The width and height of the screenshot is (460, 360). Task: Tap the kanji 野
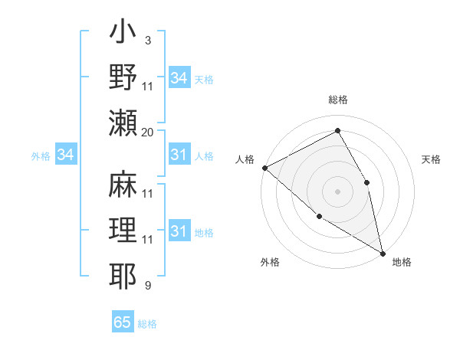123,77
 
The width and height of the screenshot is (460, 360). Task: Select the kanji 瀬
123,123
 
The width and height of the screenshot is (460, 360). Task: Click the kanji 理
123,231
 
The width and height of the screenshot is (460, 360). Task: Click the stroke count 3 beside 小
147,40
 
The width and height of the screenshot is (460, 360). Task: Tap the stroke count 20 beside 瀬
148,132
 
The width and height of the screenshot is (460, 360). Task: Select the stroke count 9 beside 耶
147,286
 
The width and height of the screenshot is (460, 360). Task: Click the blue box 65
123,322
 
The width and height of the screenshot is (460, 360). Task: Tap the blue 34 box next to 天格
179,78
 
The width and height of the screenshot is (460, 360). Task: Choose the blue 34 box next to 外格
65,155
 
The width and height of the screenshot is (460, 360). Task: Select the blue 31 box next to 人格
179,155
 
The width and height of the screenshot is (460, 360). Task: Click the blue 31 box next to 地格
179,231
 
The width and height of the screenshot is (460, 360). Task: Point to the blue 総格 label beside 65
147,323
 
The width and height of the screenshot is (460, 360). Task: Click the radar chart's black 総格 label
337,100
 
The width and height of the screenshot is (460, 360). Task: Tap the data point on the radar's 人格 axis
264,167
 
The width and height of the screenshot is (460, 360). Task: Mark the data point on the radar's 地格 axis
382,252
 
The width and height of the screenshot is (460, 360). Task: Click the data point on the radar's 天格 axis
367,182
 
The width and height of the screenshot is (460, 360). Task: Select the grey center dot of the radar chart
337,191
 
